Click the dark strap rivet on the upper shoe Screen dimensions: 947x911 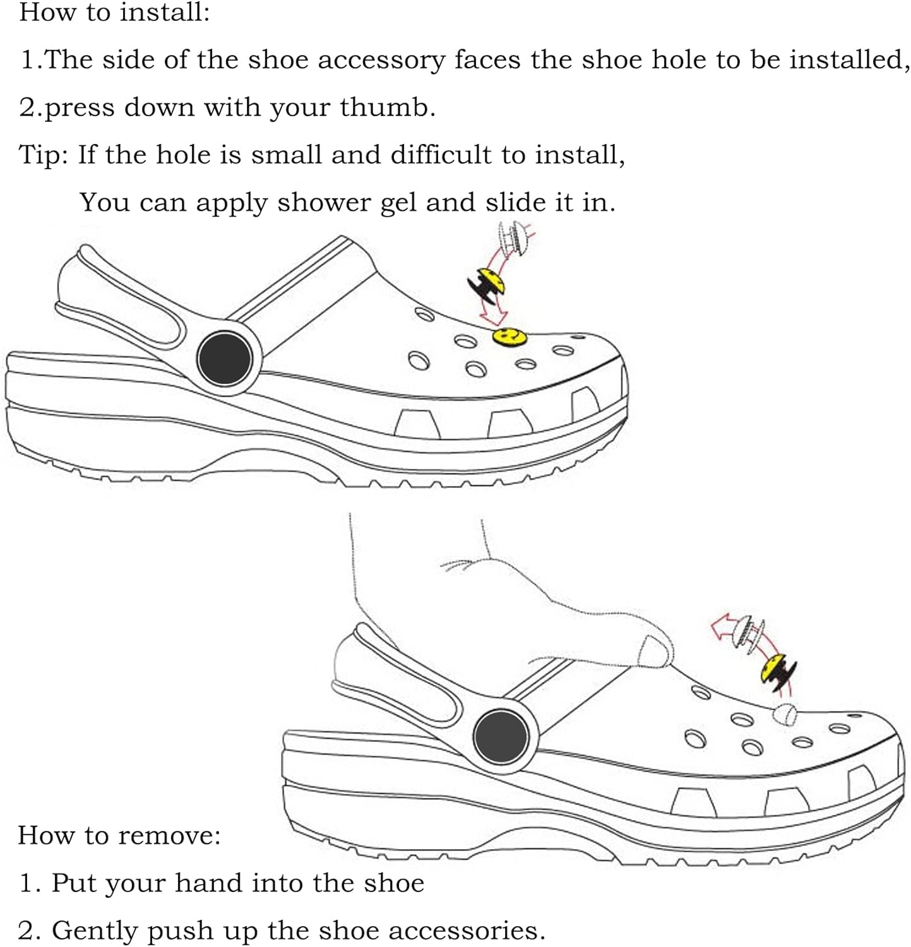coord(225,359)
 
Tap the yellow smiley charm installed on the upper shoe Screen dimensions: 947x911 coord(509,336)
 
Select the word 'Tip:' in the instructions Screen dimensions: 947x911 coord(44,155)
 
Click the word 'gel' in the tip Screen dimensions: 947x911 coord(400,203)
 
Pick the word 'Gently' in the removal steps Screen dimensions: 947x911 coord(90,931)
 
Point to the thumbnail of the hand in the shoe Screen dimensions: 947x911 coord(654,650)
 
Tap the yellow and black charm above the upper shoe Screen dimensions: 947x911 coord(489,283)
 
